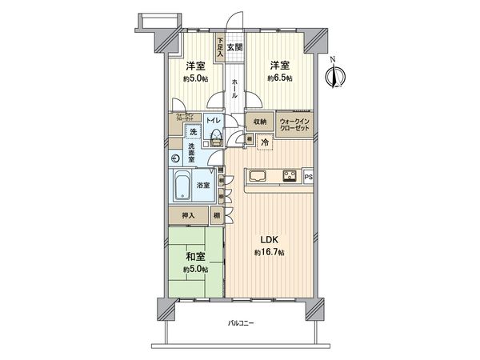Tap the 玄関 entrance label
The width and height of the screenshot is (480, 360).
[234, 47]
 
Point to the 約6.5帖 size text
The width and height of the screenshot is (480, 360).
[280, 78]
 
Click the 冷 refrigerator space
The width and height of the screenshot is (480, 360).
[265, 142]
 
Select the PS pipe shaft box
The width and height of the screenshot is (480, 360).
[307, 176]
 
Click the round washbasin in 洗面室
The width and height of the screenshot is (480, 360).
[175, 158]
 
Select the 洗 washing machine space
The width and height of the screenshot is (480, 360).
[194, 133]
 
